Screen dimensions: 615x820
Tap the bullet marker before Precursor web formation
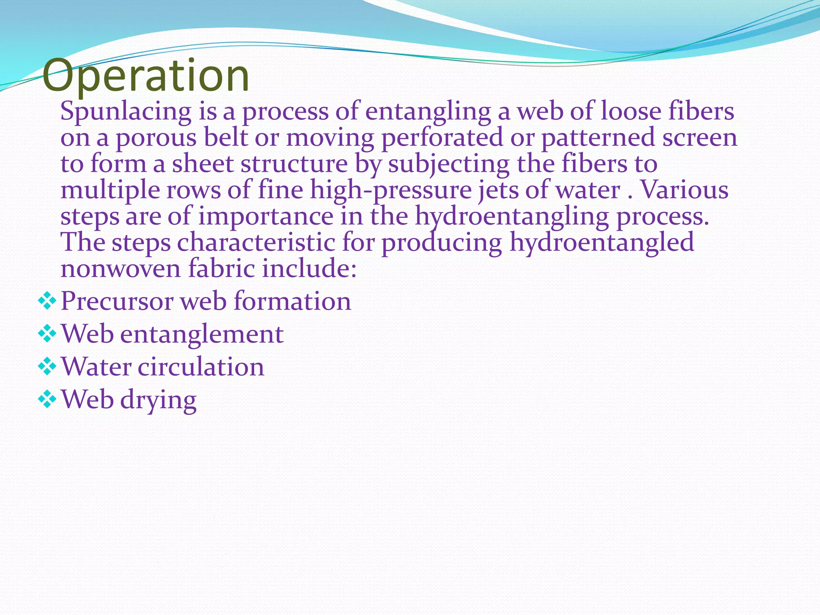point(47,301)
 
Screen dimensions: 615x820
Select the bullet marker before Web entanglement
point(47,334)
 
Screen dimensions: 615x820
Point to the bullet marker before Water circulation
point(47,367)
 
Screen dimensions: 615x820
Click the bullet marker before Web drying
point(47,400)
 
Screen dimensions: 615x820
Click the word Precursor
point(117,301)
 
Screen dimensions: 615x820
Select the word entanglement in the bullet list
point(202,334)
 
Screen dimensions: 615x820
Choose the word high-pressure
point(391,191)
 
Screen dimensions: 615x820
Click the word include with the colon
point(309,268)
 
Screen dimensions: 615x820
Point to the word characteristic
point(256,243)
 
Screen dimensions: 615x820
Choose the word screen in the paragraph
point(699,138)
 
